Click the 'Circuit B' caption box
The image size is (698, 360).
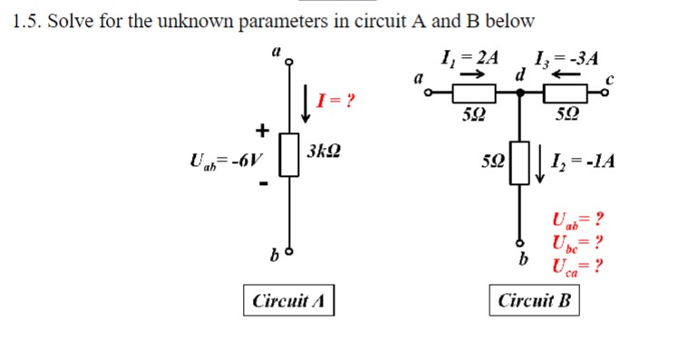tap(535, 300)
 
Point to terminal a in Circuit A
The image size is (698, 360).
tap(289, 63)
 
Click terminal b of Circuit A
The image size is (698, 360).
tap(289, 248)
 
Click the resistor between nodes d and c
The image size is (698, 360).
tap(566, 92)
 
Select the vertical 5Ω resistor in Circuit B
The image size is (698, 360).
tap(519, 161)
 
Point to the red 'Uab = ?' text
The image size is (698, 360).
tap(577, 219)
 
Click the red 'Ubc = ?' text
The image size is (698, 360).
tap(577, 242)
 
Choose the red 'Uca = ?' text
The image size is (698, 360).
tap(577, 265)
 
